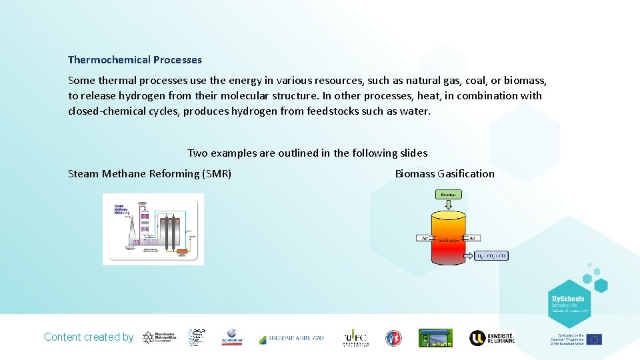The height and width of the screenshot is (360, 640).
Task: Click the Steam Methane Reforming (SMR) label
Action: click(x=150, y=174)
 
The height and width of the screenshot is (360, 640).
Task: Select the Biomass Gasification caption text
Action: click(x=445, y=174)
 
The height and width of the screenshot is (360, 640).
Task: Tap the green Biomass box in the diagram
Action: click(x=449, y=195)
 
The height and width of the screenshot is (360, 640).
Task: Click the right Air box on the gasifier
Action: click(x=473, y=237)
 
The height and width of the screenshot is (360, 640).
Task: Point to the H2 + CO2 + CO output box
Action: click(x=492, y=255)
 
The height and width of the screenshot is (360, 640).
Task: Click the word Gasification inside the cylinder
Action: click(x=448, y=240)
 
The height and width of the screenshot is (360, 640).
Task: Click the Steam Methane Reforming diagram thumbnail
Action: click(x=153, y=229)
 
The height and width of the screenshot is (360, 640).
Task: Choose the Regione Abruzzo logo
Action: click(x=291, y=338)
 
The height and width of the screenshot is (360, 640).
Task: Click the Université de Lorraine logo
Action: click(x=492, y=338)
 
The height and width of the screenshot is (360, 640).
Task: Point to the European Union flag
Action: click(x=594, y=339)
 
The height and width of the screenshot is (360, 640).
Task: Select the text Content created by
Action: click(x=89, y=337)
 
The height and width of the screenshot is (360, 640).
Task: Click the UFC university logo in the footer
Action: click(x=355, y=338)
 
